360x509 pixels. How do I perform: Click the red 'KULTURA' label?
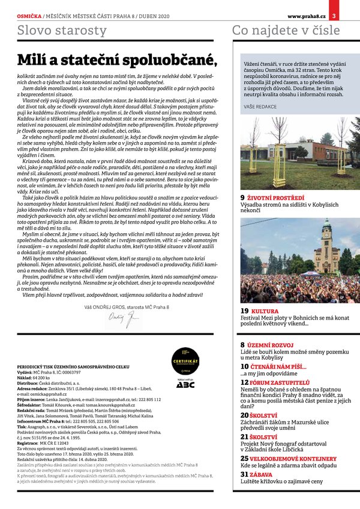pyautogui.click(x=265, y=311)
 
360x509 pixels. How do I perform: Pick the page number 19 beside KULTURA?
pyautogui.click(x=244, y=311)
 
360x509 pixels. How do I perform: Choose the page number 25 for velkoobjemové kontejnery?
pyautogui.click(x=245, y=458)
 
